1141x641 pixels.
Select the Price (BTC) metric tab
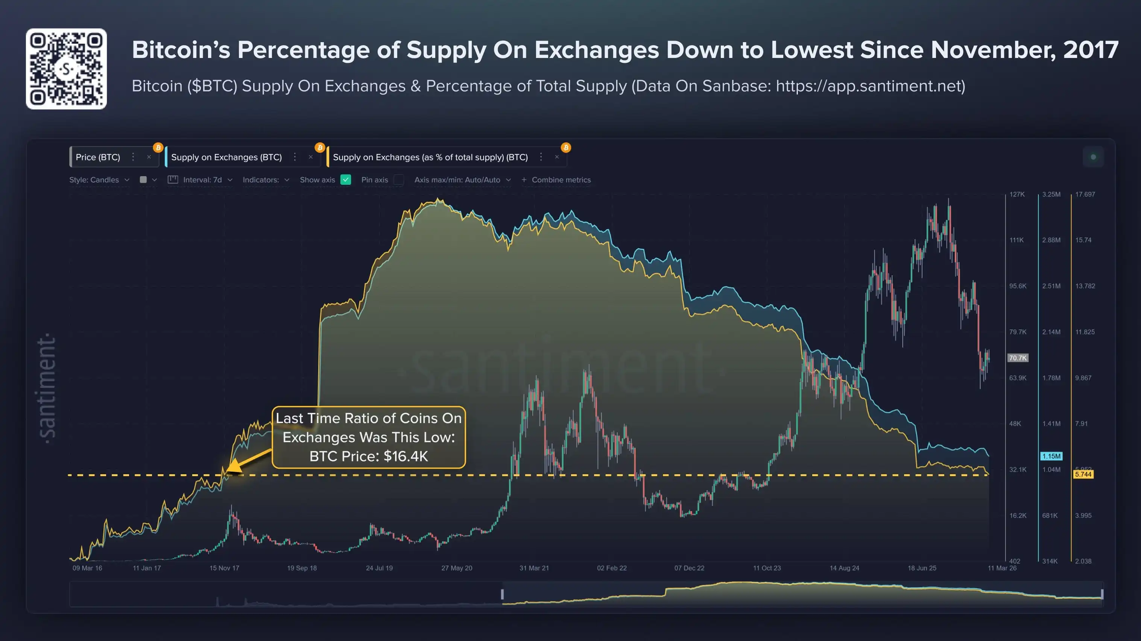98,157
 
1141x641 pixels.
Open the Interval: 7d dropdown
202,180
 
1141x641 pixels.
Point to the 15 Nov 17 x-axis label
224,568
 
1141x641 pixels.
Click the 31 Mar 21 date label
534,568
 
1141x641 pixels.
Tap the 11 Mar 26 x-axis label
1002,568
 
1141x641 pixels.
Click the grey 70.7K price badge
1018,358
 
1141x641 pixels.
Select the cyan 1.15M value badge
1051,456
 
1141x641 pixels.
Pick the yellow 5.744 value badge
1083,474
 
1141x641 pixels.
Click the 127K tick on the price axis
1017,194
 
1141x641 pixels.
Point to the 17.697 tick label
1085,194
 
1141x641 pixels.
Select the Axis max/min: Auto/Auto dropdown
462,180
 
